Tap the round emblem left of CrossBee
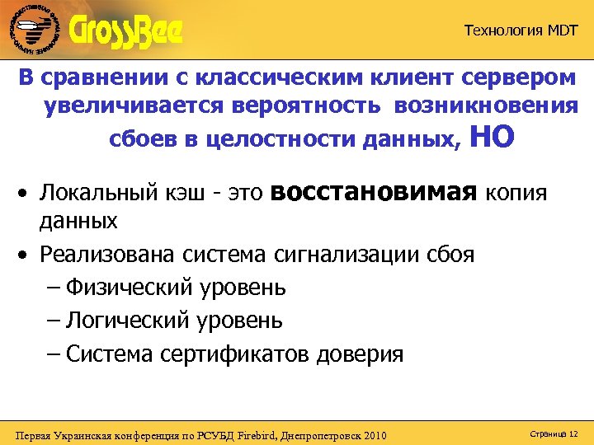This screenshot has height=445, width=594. pos(33,31)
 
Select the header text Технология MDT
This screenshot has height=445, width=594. pos(521,31)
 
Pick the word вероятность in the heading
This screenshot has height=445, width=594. pos(315,107)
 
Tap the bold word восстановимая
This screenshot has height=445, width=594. pos(374,192)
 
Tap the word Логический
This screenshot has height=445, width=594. pos(127,321)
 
